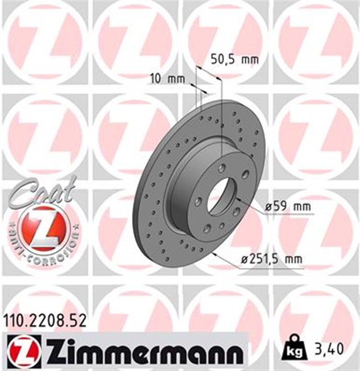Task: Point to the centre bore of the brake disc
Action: pyautogui.click(x=222, y=195)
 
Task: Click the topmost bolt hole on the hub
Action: pyautogui.click(x=222, y=168)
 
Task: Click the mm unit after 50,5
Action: pyautogui.click(x=249, y=59)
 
